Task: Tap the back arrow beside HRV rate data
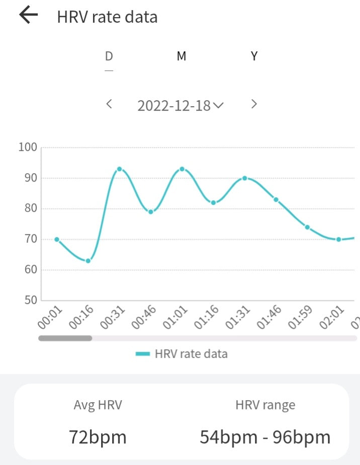(x=29, y=16)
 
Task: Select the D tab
(x=109, y=56)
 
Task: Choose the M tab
(x=182, y=56)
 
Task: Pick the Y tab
(x=254, y=56)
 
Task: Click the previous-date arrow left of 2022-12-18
(x=109, y=104)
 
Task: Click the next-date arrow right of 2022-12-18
(x=254, y=104)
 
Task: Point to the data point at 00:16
(x=88, y=261)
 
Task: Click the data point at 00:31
(x=119, y=169)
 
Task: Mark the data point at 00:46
(x=150, y=212)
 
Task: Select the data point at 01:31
(x=244, y=178)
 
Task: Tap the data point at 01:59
(x=307, y=227)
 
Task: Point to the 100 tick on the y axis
(x=28, y=147)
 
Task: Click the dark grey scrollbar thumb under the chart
(x=65, y=338)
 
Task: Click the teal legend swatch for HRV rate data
(x=143, y=354)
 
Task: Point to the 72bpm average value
(x=98, y=437)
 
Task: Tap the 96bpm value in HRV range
(x=302, y=437)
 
